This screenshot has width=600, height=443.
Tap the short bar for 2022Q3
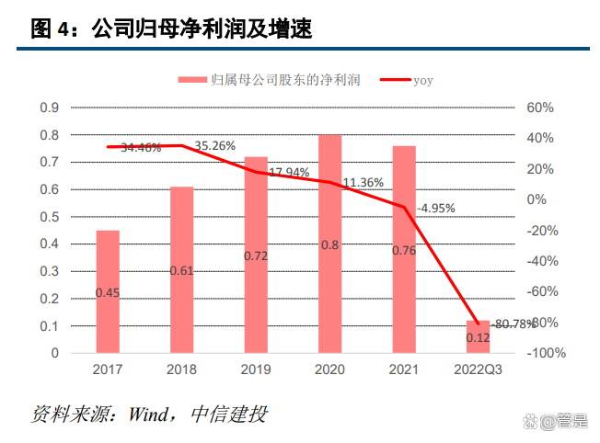(478, 336)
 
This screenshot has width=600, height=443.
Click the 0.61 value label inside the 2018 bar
(181, 270)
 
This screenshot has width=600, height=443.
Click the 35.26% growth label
(216, 145)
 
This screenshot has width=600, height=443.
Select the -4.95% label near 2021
(435, 209)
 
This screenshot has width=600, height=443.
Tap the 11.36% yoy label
(363, 183)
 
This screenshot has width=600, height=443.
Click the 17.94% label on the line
(289, 172)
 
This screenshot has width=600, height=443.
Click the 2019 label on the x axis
(256, 369)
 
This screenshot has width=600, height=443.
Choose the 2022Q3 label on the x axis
(478, 369)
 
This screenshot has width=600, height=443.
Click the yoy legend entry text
(422, 81)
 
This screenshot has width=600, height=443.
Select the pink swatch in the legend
(190, 81)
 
